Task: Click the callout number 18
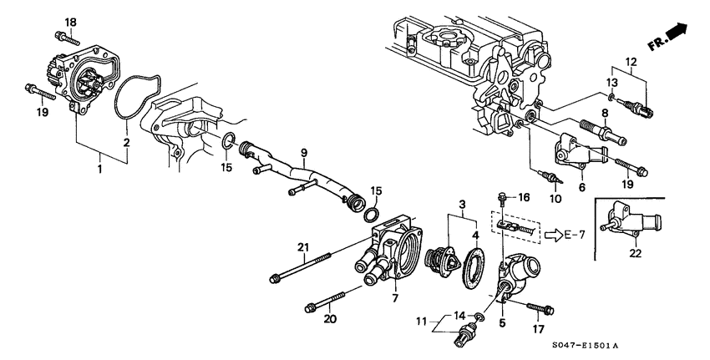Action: pos(70,21)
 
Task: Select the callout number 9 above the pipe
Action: pos(305,152)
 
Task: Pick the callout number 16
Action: pos(524,197)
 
